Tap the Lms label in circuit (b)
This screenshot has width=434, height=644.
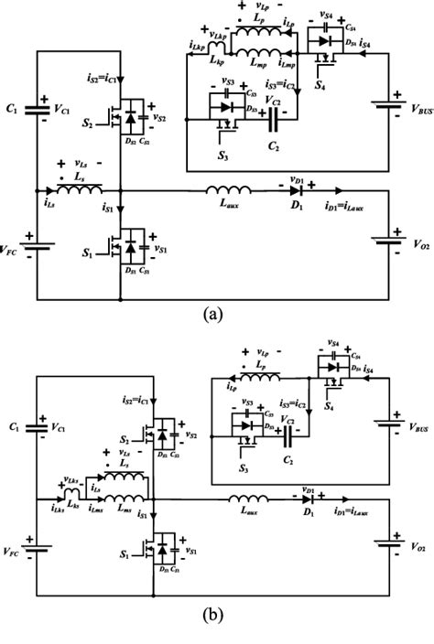point(119,508)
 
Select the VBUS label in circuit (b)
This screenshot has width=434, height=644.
point(409,426)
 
